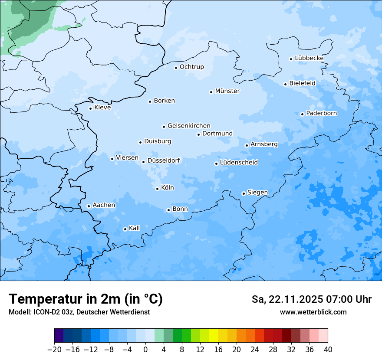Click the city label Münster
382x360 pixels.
[227, 91]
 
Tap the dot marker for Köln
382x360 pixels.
[157, 189]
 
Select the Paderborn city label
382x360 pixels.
[321, 113]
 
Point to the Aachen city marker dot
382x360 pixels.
[89, 206]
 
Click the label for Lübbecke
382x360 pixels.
[309, 58]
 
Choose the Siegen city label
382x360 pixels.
[257, 193]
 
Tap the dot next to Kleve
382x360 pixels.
[90, 108]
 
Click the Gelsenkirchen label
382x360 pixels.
[189, 126]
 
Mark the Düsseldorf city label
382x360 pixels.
[164, 160]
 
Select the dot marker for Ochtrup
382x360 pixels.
[176, 67]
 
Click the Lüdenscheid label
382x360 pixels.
[239, 163]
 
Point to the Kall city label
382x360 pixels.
[135, 228]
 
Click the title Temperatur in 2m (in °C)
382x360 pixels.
[86, 299]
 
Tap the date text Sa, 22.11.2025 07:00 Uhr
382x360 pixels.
[311, 299]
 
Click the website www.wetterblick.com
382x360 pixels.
[313, 312]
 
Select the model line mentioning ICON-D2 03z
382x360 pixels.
[79, 312]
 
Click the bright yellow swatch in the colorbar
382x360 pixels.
[214, 336]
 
